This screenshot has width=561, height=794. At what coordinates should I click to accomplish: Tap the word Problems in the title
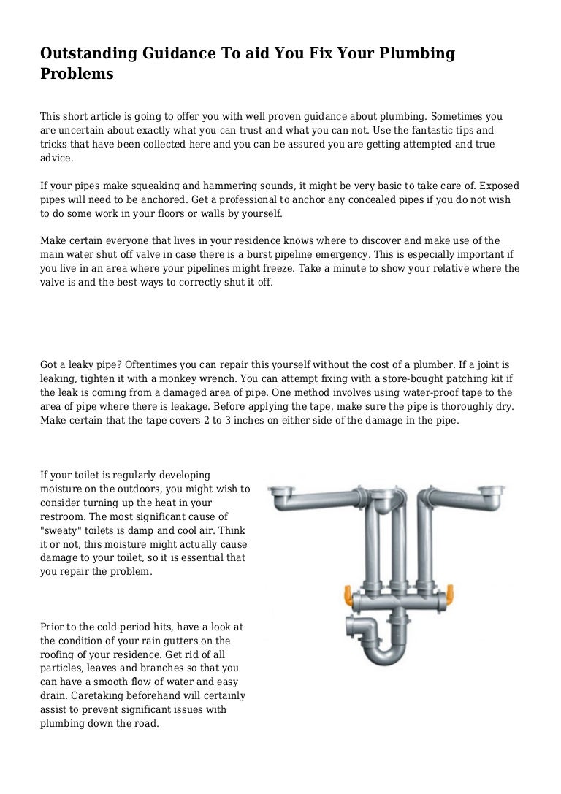coord(76,74)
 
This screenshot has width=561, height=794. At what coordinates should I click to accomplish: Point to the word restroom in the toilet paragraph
coord(62,516)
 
